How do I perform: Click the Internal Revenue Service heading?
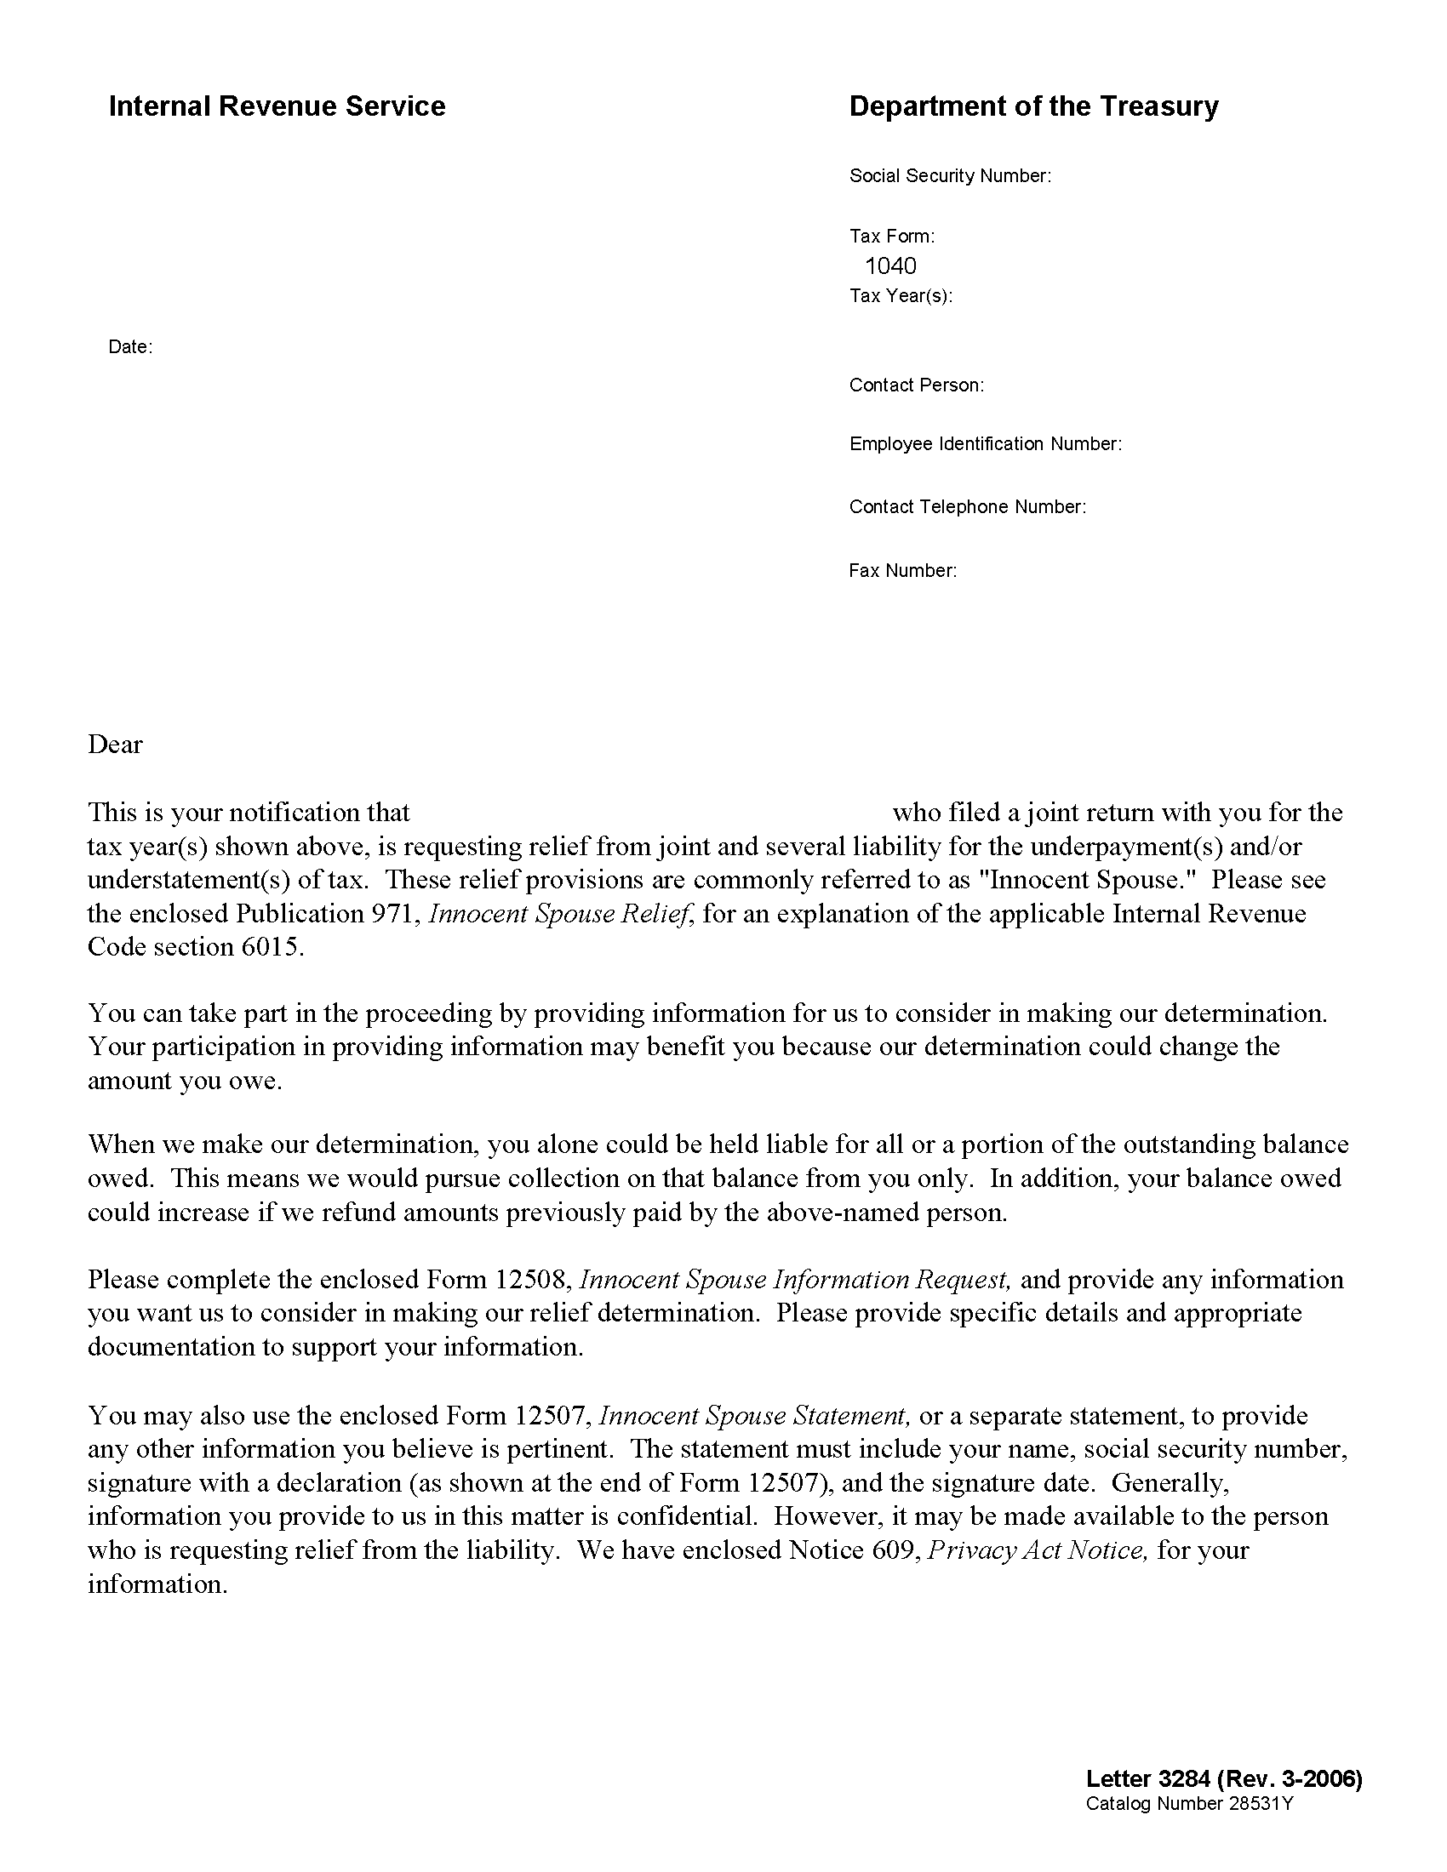[x=276, y=106]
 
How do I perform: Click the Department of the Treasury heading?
[x=1033, y=106]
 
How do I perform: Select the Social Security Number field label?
[x=949, y=176]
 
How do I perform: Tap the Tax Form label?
[x=891, y=236]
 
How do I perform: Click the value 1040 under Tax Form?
[x=890, y=265]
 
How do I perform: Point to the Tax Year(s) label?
[x=900, y=296]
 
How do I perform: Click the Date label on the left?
[x=129, y=347]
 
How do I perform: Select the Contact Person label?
[x=916, y=385]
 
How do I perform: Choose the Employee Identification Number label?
[x=985, y=444]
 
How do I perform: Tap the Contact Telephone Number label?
[x=967, y=506]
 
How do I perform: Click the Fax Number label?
[x=901, y=570]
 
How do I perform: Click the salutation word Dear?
[x=115, y=744]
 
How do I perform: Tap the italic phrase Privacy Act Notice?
[x=1038, y=1550]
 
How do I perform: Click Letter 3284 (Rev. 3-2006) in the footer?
[x=1223, y=1779]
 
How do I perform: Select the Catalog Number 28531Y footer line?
[x=1189, y=1803]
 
